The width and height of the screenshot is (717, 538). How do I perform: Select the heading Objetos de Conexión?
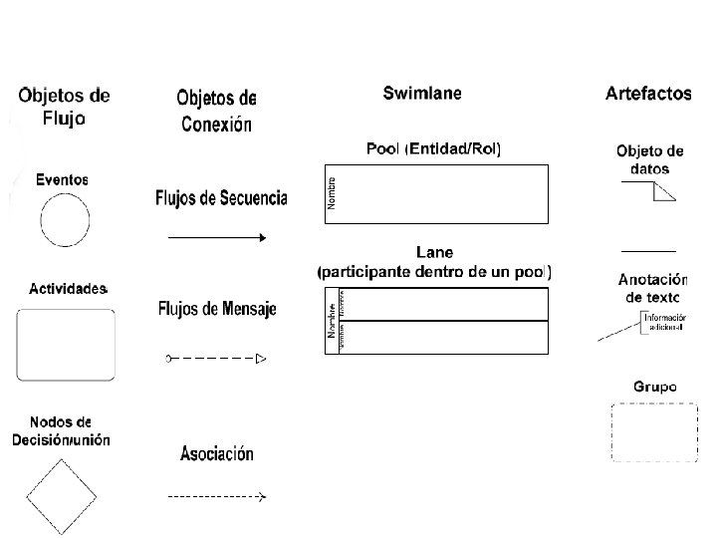point(216,111)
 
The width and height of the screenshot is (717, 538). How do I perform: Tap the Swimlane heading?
point(422,94)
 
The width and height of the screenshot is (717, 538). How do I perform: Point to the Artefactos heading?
point(648,94)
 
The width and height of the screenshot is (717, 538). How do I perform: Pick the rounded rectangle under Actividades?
point(66,344)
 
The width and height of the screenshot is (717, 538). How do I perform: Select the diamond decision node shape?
point(62,495)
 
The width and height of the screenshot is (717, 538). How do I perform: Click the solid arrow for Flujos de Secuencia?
point(217,238)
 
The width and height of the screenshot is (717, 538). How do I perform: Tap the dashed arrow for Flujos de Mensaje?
point(217,358)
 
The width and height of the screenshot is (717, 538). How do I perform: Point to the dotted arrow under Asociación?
point(217,495)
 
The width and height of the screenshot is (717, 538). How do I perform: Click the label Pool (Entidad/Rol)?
point(434,149)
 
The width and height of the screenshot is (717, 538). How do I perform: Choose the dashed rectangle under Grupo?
point(653,431)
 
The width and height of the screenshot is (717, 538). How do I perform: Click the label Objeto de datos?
point(650,160)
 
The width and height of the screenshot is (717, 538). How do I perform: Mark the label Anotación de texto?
point(652,288)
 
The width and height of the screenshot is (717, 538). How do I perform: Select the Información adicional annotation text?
point(665,321)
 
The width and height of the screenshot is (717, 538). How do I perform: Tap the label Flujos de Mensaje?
point(217,310)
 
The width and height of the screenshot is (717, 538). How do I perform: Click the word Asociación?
point(217,454)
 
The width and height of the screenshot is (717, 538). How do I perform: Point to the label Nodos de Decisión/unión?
point(62,430)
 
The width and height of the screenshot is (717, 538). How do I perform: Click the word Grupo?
point(654,386)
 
